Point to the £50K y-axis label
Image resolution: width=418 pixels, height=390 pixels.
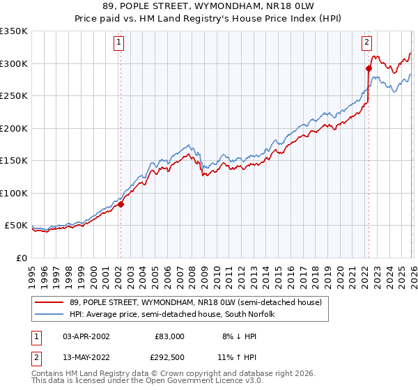click(15, 226)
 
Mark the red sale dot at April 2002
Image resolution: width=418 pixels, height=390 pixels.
click(121, 204)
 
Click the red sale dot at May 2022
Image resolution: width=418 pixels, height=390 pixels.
click(369, 68)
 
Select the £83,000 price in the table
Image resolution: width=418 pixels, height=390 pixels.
click(169, 336)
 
